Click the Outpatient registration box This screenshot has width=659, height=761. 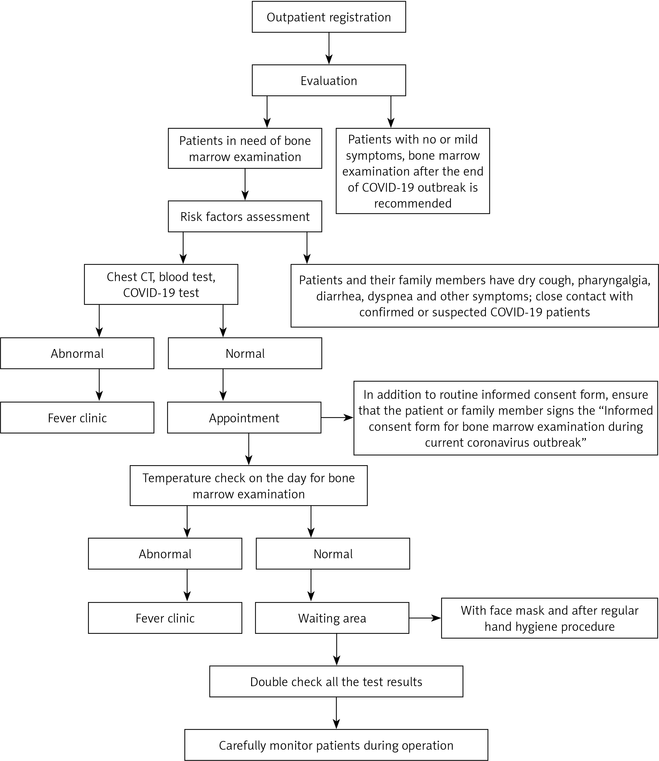[329, 17]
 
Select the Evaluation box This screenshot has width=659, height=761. [329, 80]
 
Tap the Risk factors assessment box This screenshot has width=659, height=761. [245, 217]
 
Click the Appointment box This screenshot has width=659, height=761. [244, 418]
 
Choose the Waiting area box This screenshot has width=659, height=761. [332, 618]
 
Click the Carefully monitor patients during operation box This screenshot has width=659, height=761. [336, 745]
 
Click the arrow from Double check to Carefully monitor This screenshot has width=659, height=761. [336, 713]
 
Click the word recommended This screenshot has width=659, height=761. [413, 203]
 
